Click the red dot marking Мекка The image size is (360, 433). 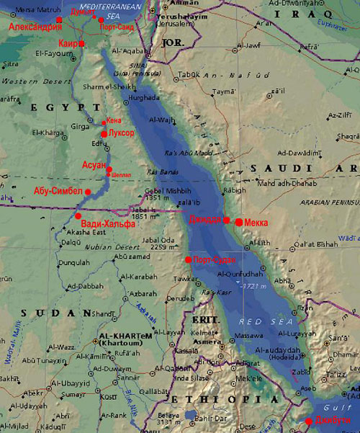coord(239,222)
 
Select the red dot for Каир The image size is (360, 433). coord(81,44)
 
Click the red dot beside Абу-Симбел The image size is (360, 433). coord(88,192)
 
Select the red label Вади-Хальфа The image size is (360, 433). coord(108,224)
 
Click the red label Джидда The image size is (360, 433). coord(205,220)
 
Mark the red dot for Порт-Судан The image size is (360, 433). coord(188,259)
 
